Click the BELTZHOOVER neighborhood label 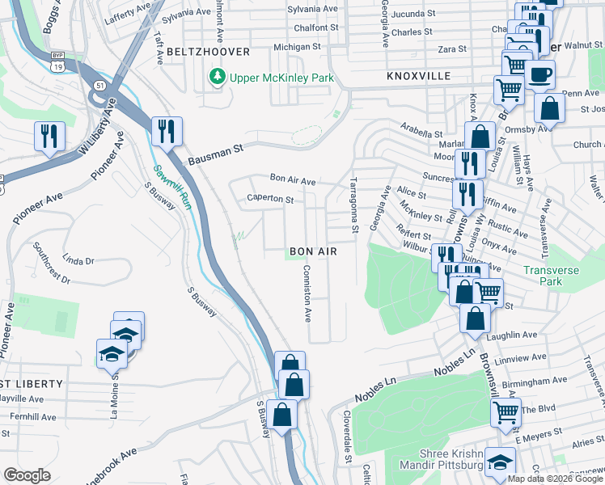pos(201,51)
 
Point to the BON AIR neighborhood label pos(313,251)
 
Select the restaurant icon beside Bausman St pos(167,133)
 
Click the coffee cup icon pos(539,74)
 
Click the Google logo pos(27,475)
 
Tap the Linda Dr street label pos(78,260)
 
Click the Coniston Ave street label pos(307,293)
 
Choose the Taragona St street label pos(353,207)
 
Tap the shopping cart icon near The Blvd pos(506,411)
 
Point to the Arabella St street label pos(422,130)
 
